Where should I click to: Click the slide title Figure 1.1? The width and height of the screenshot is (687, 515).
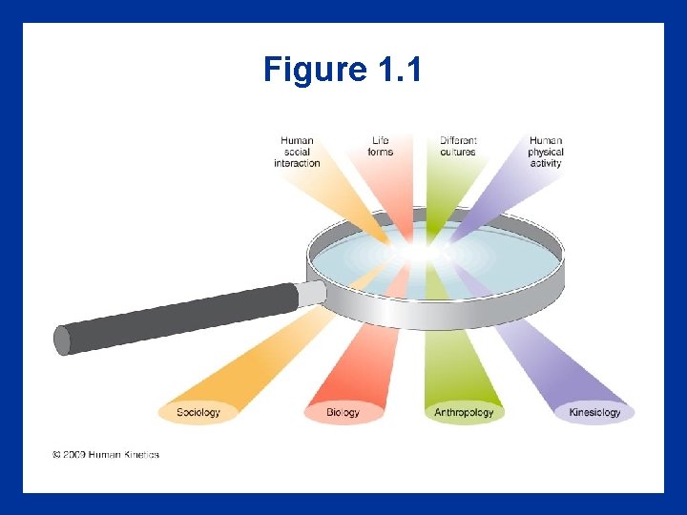pos(343,70)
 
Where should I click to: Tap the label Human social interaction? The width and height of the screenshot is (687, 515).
pos(297,152)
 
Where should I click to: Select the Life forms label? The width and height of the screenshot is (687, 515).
pos(380,146)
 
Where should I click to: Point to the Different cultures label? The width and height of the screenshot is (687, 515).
pos(458,146)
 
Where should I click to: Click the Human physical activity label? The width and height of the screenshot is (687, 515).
pos(546,152)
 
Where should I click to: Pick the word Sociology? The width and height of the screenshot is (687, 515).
pos(198,413)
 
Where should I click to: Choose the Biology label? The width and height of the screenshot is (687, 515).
pos(343,413)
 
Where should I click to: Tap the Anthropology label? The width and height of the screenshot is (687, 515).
pos(464,413)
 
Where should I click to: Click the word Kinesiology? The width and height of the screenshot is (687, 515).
pos(594,413)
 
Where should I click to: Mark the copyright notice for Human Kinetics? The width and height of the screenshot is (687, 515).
pos(106,455)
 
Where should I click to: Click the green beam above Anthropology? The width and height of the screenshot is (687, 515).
pos(458,362)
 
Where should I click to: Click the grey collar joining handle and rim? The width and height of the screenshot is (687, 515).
pos(311,293)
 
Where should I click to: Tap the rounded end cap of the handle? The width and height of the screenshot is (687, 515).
pos(63,340)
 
